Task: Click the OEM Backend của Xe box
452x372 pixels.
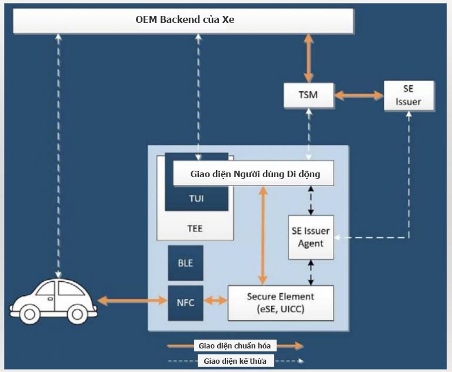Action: tap(182, 21)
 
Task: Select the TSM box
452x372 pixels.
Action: tap(308, 95)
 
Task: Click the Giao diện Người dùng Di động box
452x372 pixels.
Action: tap(254, 174)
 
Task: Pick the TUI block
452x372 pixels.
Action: tap(196, 198)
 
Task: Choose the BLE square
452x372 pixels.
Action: tap(185, 263)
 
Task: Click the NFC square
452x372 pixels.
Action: tap(185, 303)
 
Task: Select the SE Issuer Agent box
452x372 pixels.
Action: tap(311, 237)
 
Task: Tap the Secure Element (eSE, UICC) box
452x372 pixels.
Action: tap(280, 303)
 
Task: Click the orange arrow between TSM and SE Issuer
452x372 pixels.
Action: tap(358, 95)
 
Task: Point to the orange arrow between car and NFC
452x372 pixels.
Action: tap(132, 301)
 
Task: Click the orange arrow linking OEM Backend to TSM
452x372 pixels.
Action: tap(308, 58)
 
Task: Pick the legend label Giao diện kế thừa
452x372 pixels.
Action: tap(235, 360)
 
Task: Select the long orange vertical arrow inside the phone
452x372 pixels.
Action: tap(262, 235)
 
